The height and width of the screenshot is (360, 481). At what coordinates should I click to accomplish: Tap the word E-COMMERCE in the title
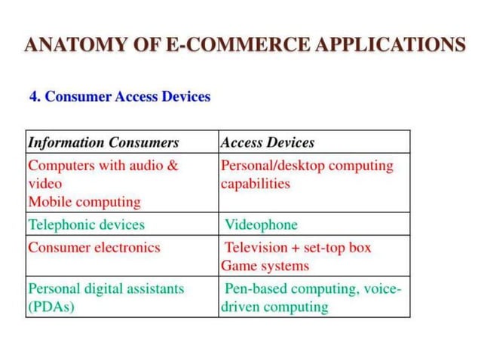pyautogui.click(x=213, y=44)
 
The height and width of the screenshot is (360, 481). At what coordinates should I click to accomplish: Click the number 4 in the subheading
pyautogui.click(x=33, y=97)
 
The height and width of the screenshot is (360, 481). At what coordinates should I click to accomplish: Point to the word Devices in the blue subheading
pyautogui.click(x=185, y=97)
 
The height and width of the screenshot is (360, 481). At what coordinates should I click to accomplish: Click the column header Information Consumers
pyautogui.click(x=103, y=142)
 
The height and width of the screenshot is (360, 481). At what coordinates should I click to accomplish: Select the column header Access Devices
pyautogui.click(x=268, y=142)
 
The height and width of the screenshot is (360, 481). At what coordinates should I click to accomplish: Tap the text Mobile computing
pyautogui.click(x=84, y=202)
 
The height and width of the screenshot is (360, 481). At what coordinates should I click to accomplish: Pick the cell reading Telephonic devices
pyautogui.click(x=86, y=224)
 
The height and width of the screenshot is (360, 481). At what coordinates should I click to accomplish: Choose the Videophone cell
pyautogui.click(x=262, y=224)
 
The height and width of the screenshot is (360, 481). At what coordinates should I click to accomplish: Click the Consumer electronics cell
pyautogui.click(x=94, y=247)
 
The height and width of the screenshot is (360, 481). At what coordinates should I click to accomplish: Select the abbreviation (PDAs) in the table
pyautogui.click(x=51, y=307)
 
